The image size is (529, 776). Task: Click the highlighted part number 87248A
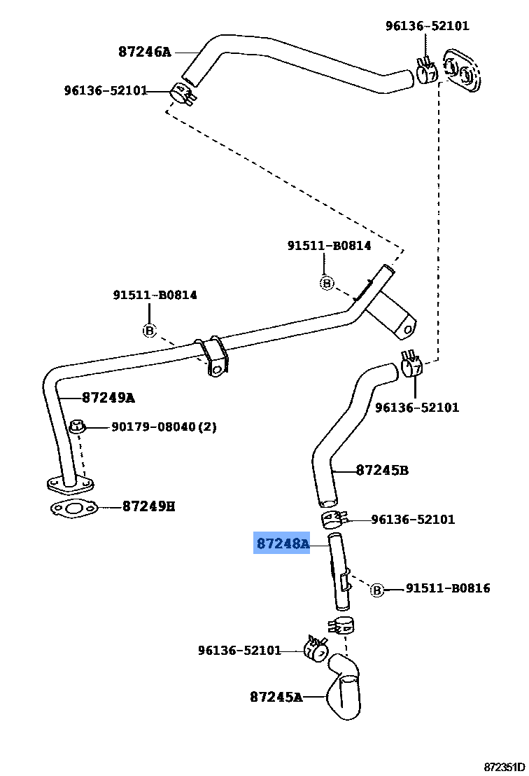pos(282,543)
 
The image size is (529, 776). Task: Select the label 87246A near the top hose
pos(144,52)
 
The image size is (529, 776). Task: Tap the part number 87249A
pos(108,398)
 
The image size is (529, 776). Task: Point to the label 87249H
pos(148,506)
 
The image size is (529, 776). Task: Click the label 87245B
pos(382,470)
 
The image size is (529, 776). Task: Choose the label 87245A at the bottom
pos(276,697)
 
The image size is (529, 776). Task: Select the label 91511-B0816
pos(448,588)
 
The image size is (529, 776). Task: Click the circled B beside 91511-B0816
pos(376,590)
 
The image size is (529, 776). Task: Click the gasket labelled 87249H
pos(73,509)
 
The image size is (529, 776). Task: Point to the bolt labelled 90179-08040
pos(78,427)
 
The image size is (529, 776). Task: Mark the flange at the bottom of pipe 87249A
pos(70,483)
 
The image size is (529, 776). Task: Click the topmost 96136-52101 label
pos(428,26)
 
